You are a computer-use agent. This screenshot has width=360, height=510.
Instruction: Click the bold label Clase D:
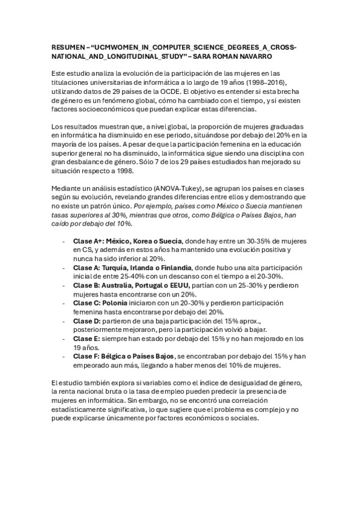tap(88, 321)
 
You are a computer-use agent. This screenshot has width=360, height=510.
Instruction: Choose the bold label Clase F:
tap(88, 356)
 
